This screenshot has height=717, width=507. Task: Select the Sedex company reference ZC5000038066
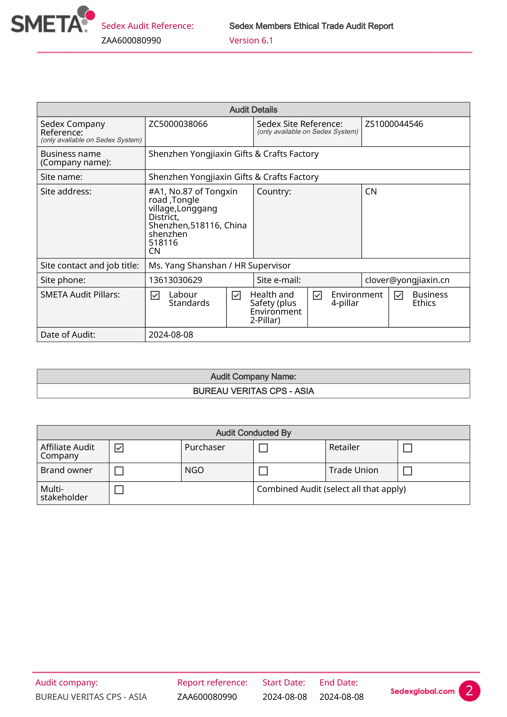178,124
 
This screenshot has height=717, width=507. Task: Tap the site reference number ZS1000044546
394,124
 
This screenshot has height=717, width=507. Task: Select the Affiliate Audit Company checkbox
119,448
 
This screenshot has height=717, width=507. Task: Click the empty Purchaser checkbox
263,448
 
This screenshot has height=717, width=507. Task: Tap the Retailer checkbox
407,448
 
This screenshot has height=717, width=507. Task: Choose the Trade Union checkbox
407,471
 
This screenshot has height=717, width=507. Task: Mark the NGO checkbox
263,471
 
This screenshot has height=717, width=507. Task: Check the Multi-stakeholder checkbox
119,489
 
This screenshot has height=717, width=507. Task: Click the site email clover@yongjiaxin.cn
407,280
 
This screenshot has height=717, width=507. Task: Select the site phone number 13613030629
175,280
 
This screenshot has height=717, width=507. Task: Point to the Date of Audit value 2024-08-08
171,335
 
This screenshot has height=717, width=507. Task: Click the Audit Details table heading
253,110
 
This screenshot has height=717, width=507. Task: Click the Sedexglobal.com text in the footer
422,691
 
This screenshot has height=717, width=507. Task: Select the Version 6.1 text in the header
251,41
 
